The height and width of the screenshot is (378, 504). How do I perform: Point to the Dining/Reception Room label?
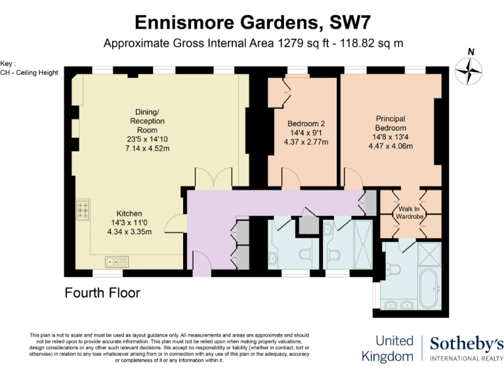(x=147, y=121)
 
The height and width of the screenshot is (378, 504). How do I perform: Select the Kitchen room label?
(x=129, y=214)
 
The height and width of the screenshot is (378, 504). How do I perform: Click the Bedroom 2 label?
(x=306, y=123)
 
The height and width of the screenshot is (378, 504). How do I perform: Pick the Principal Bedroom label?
(x=390, y=123)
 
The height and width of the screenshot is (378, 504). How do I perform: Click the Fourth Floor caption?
(x=102, y=293)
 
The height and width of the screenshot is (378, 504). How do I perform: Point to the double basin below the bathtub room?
(x=398, y=305)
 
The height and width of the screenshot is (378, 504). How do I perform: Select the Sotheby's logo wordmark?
(x=467, y=343)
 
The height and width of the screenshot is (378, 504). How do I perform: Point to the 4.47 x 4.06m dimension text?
(x=390, y=146)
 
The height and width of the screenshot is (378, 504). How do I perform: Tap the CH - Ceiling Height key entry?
(x=30, y=72)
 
